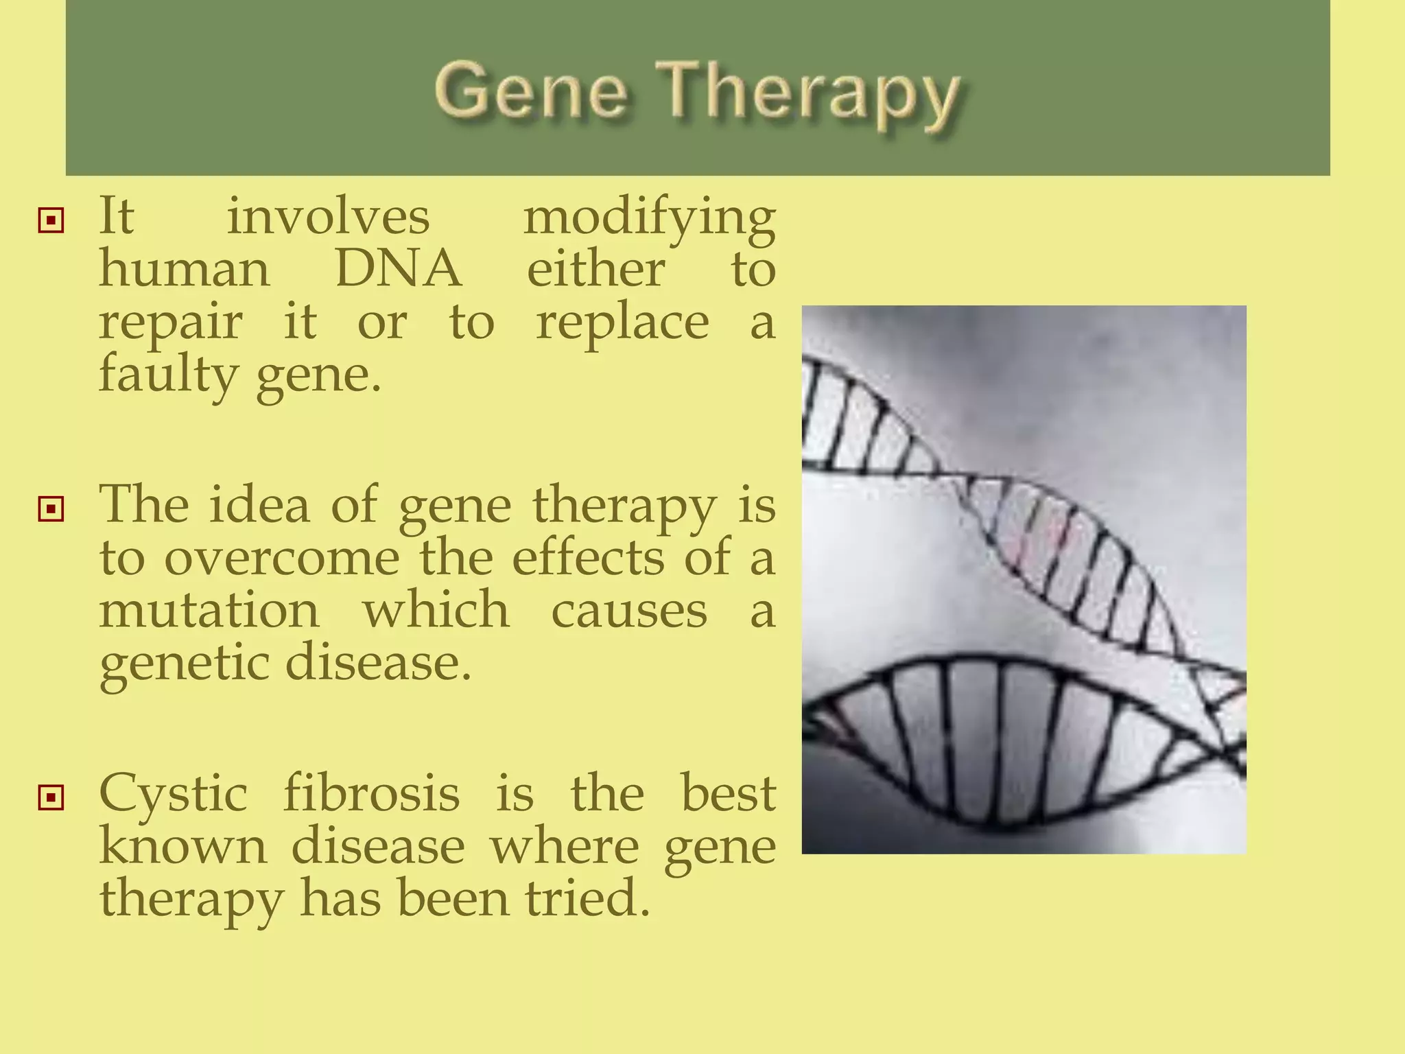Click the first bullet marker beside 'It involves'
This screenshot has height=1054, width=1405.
pyautogui.click(x=51, y=221)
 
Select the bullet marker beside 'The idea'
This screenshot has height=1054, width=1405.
pyautogui.click(x=51, y=509)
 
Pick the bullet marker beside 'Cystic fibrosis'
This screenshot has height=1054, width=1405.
pyautogui.click(x=51, y=797)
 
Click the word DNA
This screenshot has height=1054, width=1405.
pyautogui.click(x=398, y=269)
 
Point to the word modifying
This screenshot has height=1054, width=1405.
pyautogui.click(x=649, y=218)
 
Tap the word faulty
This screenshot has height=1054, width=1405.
pyautogui.click(x=168, y=376)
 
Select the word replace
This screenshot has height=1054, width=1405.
pyautogui.click(x=622, y=323)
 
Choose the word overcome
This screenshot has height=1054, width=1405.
pyautogui.click(x=281, y=557)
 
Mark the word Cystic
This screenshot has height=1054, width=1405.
pyautogui.click(x=173, y=795)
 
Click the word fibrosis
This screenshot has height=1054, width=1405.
pyautogui.click(x=371, y=793)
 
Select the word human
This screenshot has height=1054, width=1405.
pyautogui.click(x=185, y=269)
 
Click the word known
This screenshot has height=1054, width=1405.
pyautogui.click(x=183, y=847)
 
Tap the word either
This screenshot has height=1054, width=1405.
pyautogui.click(x=595, y=269)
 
